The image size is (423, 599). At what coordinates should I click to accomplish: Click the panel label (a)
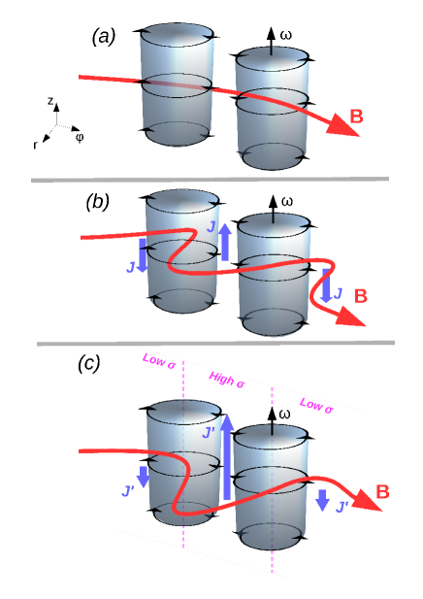[x=104, y=37]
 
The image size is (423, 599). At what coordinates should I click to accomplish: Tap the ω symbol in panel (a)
[x=285, y=36]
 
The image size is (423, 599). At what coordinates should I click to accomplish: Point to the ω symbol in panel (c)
[x=285, y=415]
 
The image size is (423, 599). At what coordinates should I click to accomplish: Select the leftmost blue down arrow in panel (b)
[x=143, y=255]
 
